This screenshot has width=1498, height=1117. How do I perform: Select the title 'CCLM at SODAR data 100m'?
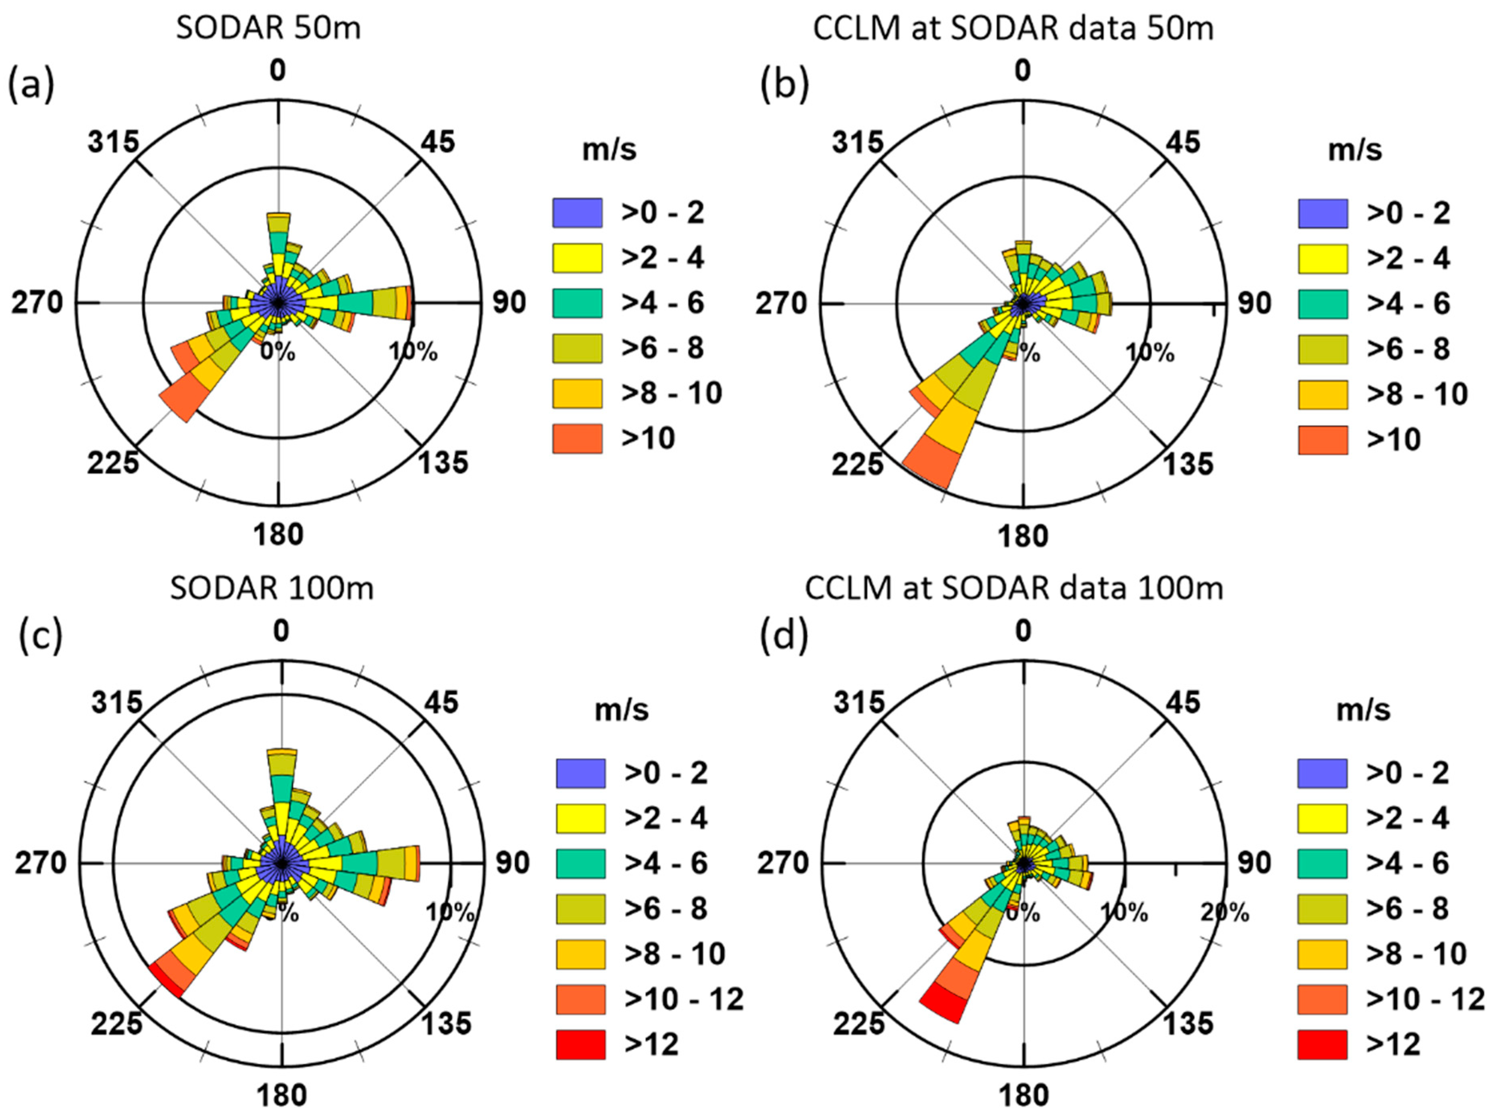pyautogui.click(x=1013, y=588)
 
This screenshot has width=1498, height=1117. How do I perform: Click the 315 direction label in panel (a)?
pyautogui.click(x=113, y=143)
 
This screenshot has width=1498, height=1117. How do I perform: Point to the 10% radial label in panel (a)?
pyautogui.click(x=413, y=351)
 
